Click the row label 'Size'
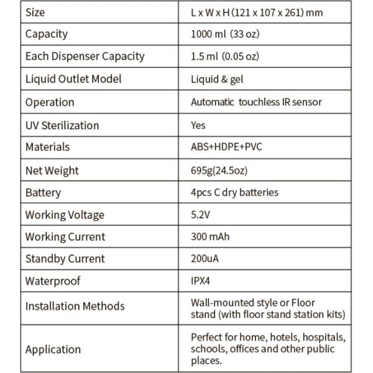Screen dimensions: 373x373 [x=35, y=12]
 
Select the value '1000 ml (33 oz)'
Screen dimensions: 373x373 [x=224, y=34]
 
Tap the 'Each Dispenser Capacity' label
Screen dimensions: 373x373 [x=85, y=57]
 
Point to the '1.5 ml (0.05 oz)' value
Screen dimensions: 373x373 [x=224, y=57]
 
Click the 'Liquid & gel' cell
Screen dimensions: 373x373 [x=217, y=79]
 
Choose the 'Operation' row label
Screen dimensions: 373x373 [x=50, y=102]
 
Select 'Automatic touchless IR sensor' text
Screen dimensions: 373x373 [x=256, y=102]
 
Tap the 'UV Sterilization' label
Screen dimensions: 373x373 [x=62, y=125]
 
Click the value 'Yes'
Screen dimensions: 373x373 [x=198, y=125]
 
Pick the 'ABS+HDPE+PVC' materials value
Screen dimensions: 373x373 [x=226, y=147]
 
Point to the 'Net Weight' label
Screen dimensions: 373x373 [x=52, y=170]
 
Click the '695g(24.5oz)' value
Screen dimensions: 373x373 [x=219, y=170]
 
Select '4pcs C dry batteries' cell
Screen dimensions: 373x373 [x=234, y=192]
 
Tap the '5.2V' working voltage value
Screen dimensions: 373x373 [x=200, y=214]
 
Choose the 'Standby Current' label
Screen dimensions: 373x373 [x=65, y=259]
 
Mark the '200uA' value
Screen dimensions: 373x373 [x=205, y=259]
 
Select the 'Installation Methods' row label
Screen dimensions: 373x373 [x=75, y=306]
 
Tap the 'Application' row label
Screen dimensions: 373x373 [x=53, y=349]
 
